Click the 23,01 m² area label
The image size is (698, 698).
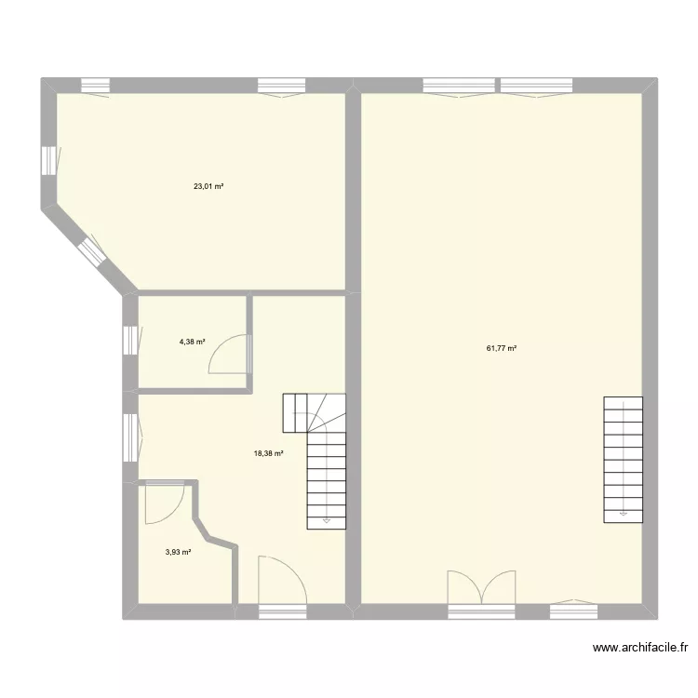[x=208, y=186]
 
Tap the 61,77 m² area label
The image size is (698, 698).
[x=501, y=349]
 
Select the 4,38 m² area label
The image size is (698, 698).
[x=193, y=342]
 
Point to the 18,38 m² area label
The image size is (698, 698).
[x=268, y=453]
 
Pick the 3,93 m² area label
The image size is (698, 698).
[x=178, y=552]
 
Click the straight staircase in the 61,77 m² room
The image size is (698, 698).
[x=623, y=458]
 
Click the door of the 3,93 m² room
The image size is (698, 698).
[x=164, y=503]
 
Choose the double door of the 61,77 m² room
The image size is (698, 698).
[x=481, y=588]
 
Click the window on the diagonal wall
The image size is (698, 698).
[x=92, y=252]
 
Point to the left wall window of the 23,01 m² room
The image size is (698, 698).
[x=47, y=161]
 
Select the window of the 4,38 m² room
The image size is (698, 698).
[x=129, y=340]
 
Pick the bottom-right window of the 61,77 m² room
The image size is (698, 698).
[x=572, y=611]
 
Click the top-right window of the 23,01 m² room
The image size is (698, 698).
[x=281, y=87]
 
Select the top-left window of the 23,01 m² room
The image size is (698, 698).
[x=96, y=87]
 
